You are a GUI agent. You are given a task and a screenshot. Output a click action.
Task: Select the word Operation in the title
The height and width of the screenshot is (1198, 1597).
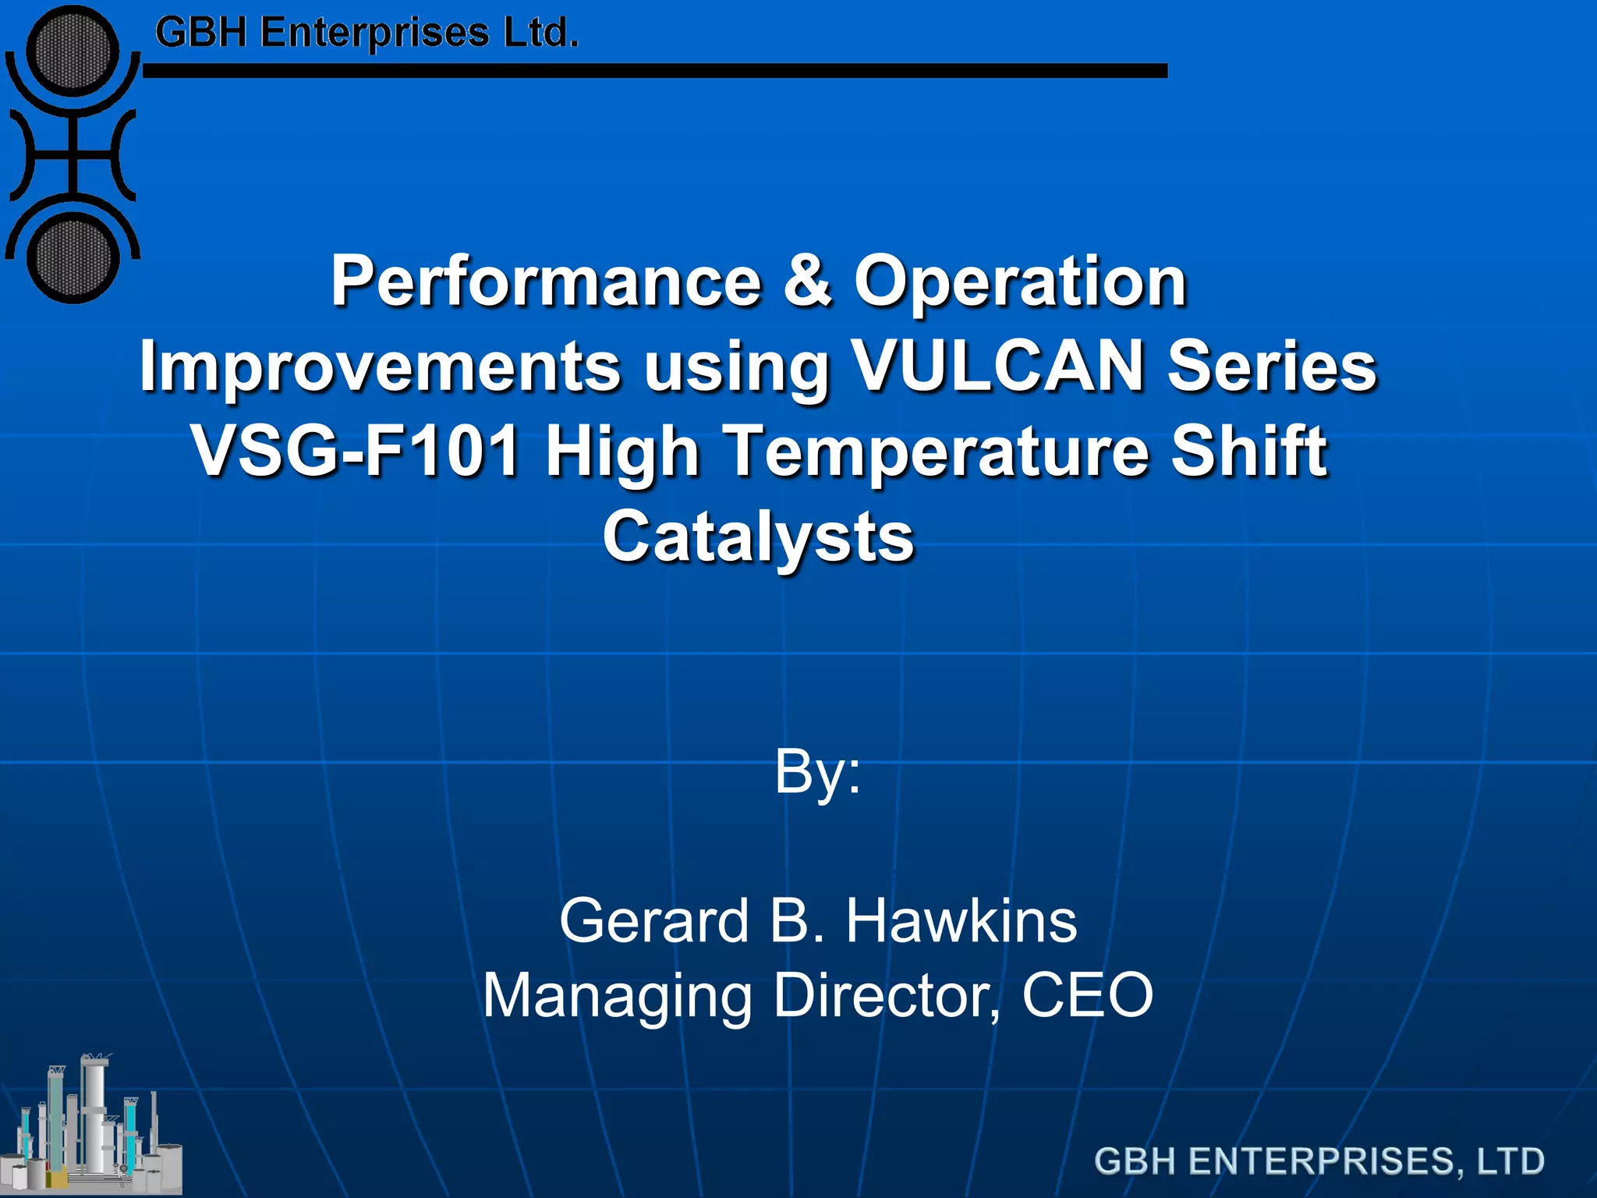[1020, 282]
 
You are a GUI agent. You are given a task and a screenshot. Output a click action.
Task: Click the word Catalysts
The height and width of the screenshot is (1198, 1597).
[758, 537]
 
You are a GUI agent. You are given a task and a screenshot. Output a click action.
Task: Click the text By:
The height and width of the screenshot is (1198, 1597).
[817, 772]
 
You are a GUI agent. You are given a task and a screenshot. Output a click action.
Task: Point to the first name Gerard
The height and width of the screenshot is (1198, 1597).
[653, 921]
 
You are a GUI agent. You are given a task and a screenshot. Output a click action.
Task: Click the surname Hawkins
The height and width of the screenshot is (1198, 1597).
[961, 921]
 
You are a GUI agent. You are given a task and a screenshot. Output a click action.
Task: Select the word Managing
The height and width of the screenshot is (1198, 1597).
[616, 996]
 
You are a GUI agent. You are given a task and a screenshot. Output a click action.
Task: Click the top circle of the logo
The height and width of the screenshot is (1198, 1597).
[73, 51]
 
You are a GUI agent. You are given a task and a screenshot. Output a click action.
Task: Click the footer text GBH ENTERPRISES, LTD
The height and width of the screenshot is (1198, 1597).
[1319, 1161]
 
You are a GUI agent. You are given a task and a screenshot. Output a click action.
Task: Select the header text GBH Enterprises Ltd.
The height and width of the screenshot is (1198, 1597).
[366, 34]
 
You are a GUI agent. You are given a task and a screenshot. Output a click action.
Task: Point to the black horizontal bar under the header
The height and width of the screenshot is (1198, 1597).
[655, 71]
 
